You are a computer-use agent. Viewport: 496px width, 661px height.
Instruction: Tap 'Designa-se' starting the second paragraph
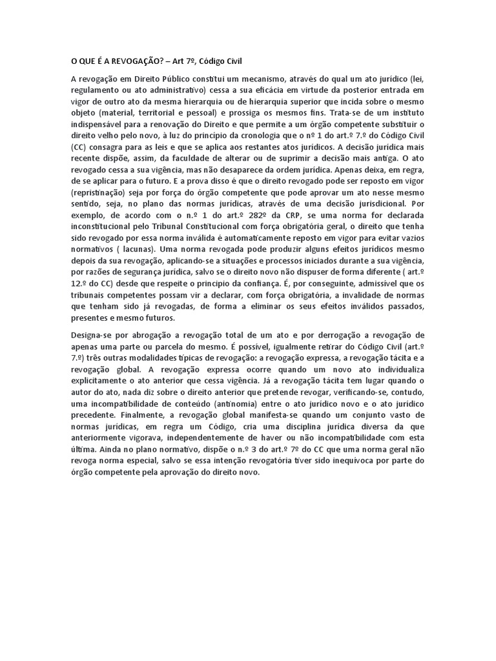click(90, 336)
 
